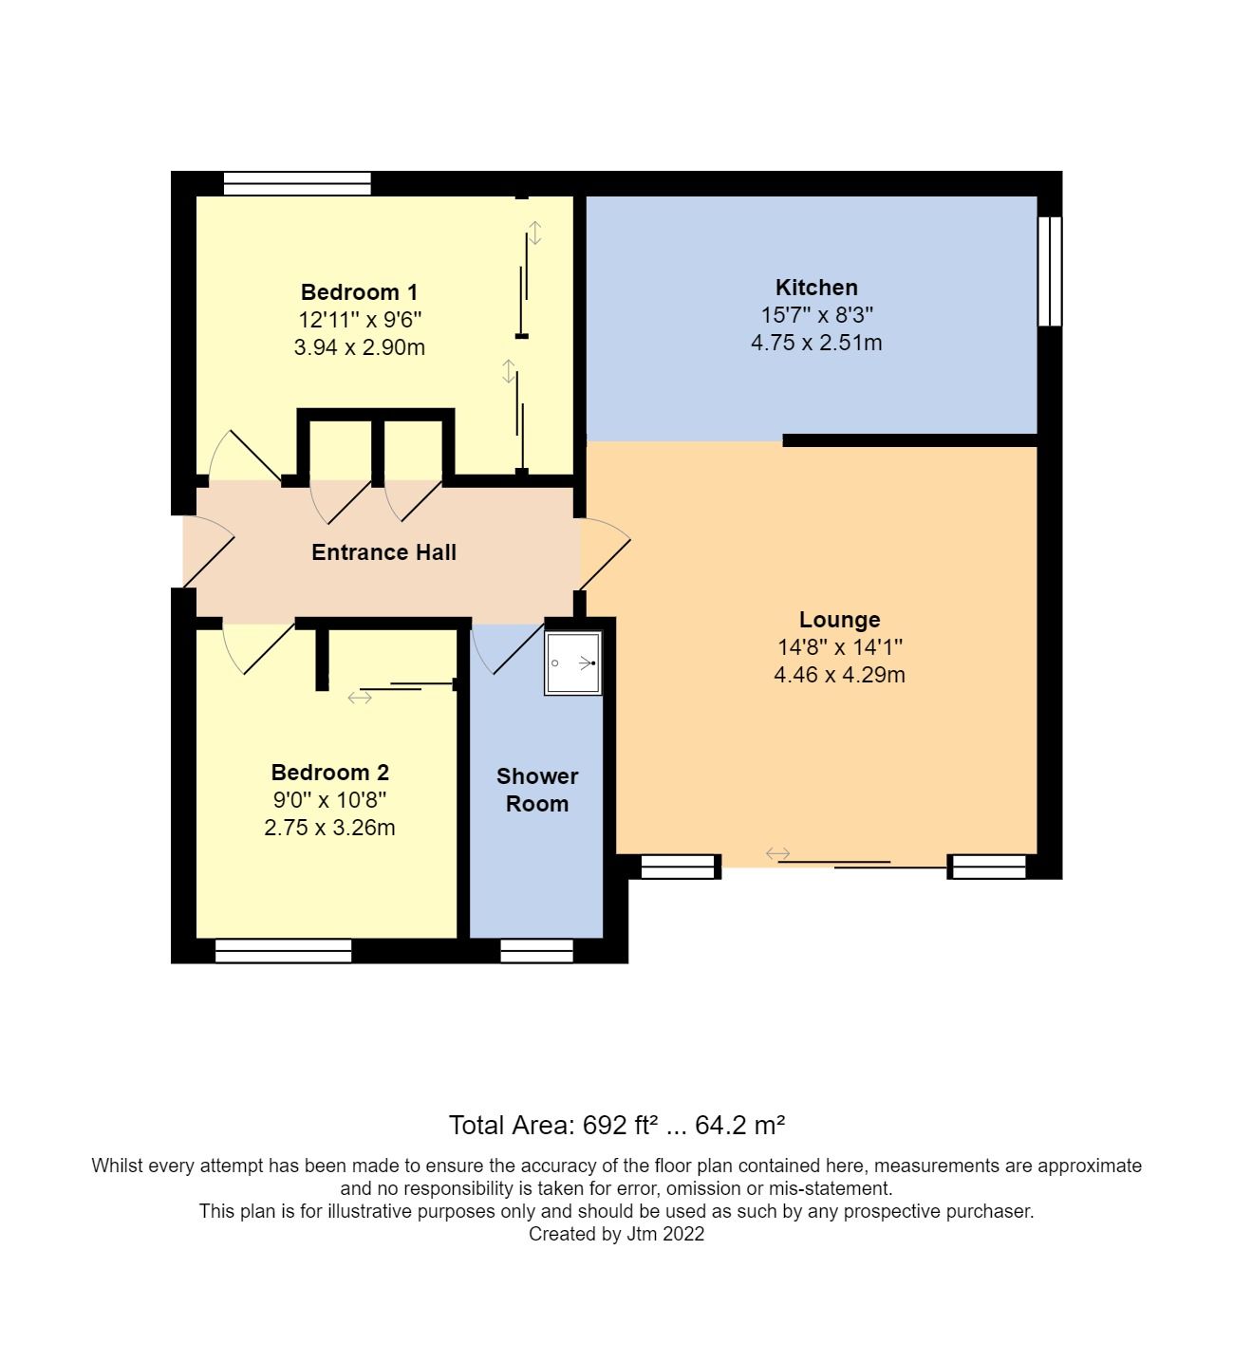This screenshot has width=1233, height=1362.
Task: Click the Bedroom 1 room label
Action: (x=359, y=292)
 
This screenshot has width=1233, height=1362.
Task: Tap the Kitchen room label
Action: (x=816, y=288)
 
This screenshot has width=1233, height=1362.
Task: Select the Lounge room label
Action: (x=839, y=620)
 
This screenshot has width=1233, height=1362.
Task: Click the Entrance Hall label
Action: (x=383, y=552)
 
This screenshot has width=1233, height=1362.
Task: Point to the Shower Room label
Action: (x=537, y=790)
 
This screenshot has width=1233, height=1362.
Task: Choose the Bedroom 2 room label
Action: (x=329, y=773)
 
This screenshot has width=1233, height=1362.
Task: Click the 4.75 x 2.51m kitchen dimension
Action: (x=816, y=343)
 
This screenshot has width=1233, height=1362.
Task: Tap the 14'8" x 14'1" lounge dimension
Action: (x=839, y=647)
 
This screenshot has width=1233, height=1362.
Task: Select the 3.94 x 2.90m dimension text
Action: (x=359, y=347)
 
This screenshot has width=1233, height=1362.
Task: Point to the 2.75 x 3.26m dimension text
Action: (x=329, y=828)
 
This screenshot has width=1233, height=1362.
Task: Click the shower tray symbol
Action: (x=573, y=662)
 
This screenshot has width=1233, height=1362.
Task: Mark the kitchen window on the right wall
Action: (x=1049, y=271)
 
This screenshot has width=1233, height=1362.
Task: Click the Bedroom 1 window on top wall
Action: (x=297, y=183)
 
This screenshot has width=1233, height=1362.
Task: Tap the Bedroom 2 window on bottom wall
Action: (x=283, y=951)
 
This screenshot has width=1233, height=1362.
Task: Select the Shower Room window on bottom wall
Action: (x=536, y=951)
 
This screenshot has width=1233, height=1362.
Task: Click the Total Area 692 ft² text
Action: (x=616, y=1126)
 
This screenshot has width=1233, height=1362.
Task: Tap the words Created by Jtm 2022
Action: (x=616, y=1235)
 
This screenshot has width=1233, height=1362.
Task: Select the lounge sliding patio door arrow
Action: (x=777, y=854)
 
